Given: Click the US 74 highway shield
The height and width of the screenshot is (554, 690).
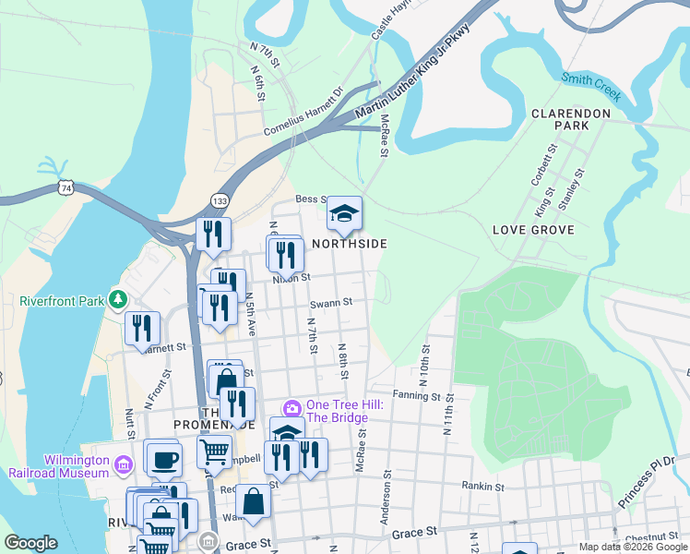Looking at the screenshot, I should coord(65,187).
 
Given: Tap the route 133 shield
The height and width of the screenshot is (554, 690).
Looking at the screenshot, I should coord(220,200).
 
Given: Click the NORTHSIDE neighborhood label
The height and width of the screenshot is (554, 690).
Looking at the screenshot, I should coord(349,244).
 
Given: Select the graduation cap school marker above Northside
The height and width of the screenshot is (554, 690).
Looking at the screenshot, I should coord(344,215).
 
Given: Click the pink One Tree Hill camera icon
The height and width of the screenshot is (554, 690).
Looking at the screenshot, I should coord(292,408).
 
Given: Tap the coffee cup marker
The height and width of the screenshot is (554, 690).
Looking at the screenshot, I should coord(164,459).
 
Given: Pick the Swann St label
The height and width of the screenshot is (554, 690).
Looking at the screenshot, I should coord(331,302).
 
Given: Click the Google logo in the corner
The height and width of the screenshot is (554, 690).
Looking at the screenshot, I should coord(30,543).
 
